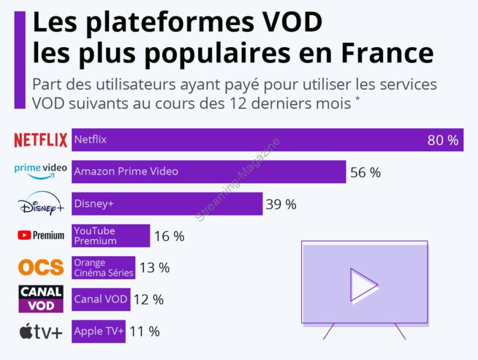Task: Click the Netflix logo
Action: [x=41, y=140]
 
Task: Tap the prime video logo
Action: [x=41, y=171]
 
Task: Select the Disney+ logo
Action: [x=41, y=204]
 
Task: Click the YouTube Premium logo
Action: [x=41, y=235]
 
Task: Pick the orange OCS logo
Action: [x=41, y=267]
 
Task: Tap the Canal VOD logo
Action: [x=41, y=299]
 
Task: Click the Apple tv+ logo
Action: [x=41, y=332]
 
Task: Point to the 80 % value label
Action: [x=443, y=140]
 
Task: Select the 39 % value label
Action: [x=281, y=204]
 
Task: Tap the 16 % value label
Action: [x=169, y=236]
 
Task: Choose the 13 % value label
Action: [x=154, y=268]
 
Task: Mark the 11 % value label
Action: [x=144, y=332]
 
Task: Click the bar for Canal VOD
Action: [x=101, y=299]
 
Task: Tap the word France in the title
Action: [x=387, y=54]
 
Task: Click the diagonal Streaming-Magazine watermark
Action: [x=237, y=180]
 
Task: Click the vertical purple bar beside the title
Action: [x=20, y=60]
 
